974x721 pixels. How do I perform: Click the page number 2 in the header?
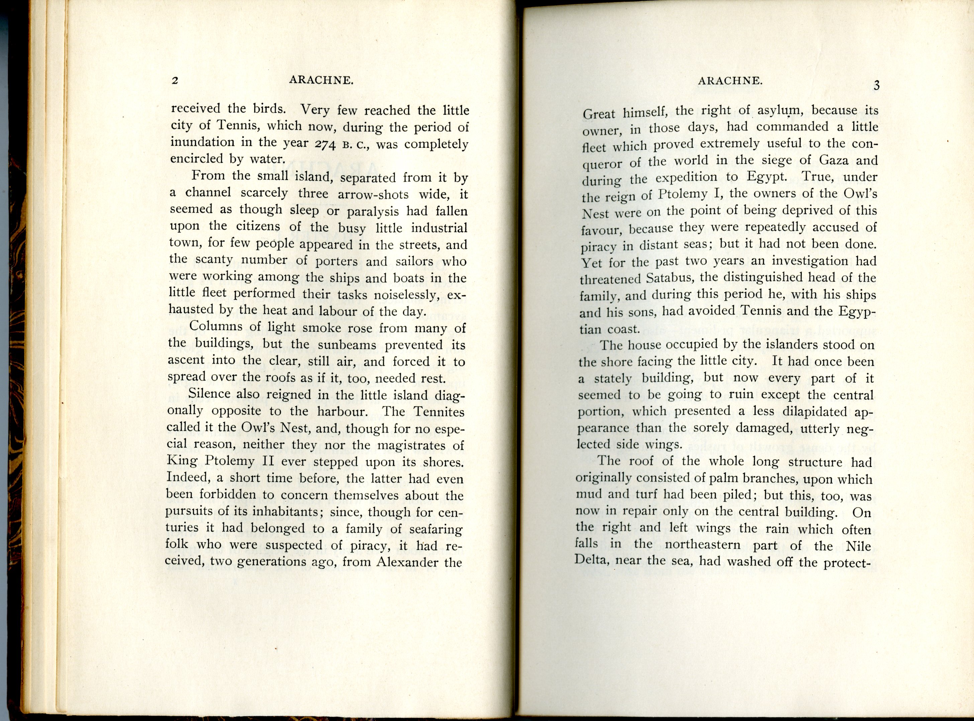coord(175,81)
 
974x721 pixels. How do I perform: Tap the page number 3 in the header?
coord(876,86)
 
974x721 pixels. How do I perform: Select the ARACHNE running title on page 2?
coord(321,80)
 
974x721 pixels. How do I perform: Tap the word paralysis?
coord(373,212)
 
